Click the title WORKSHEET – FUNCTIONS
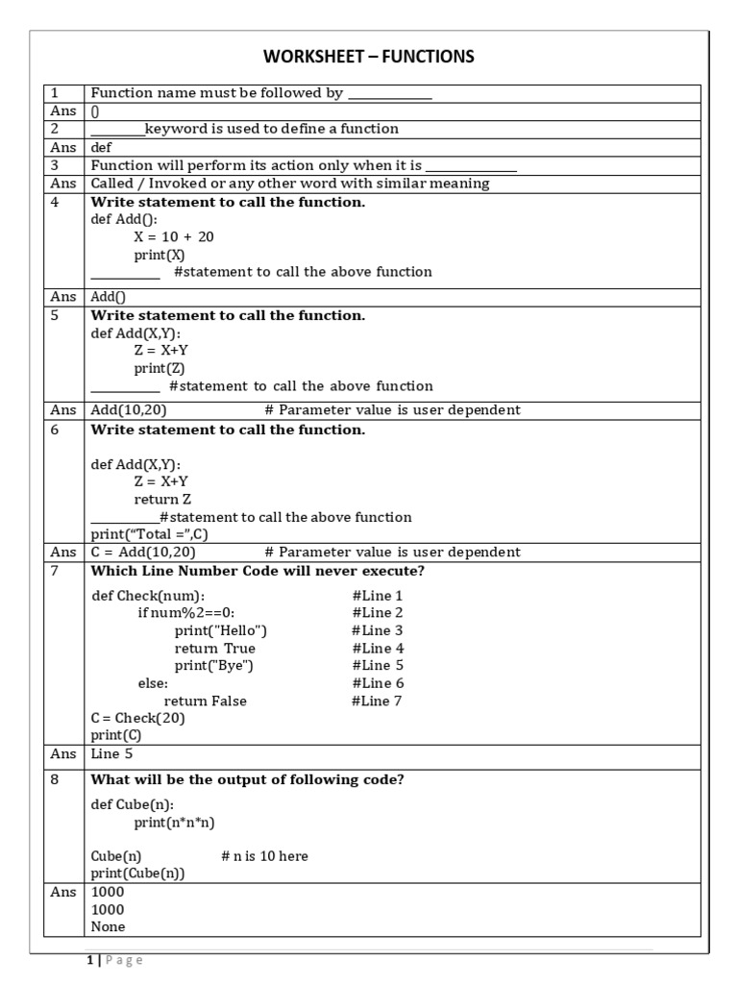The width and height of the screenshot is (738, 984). point(369,58)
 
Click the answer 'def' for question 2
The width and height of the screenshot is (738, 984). point(102,148)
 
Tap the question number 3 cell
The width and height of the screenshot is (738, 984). point(55,165)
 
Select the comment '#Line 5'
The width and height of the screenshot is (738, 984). point(378,665)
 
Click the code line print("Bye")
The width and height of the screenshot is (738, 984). point(214,665)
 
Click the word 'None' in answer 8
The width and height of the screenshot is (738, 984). point(108,926)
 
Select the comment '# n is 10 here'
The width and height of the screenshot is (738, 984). point(264,855)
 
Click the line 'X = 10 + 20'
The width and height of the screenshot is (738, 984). point(174,236)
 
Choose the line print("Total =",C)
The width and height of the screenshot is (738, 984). point(159,534)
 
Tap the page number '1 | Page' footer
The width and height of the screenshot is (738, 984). point(114,960)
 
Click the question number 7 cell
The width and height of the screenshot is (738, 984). point(55,571)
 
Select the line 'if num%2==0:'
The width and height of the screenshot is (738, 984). point(186,613)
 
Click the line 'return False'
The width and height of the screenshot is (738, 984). point(205,701)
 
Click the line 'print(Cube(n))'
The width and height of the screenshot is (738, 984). point(137,873)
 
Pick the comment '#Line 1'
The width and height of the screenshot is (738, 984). point(378,596)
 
